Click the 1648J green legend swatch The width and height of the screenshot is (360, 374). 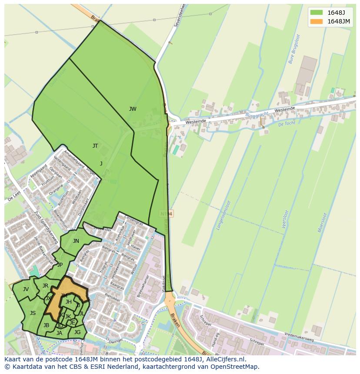[317, 12]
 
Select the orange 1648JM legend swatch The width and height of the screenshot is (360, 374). [317, 21]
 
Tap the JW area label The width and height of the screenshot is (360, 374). [133, 109]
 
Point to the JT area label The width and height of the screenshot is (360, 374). [95, 146]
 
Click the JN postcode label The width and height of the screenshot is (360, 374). [76, 241]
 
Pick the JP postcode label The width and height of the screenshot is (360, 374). [60, 265]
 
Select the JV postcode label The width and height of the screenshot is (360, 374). [26, 289]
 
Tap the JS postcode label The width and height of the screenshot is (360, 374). [33, 313]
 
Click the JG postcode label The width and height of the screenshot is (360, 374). [77, 332]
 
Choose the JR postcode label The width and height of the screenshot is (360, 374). [45, 286]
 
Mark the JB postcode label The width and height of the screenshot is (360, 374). [46, 325]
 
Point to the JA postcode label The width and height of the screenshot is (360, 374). [59, 333]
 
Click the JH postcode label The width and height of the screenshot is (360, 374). [69, 302]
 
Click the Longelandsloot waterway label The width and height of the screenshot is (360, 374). [226, 217]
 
